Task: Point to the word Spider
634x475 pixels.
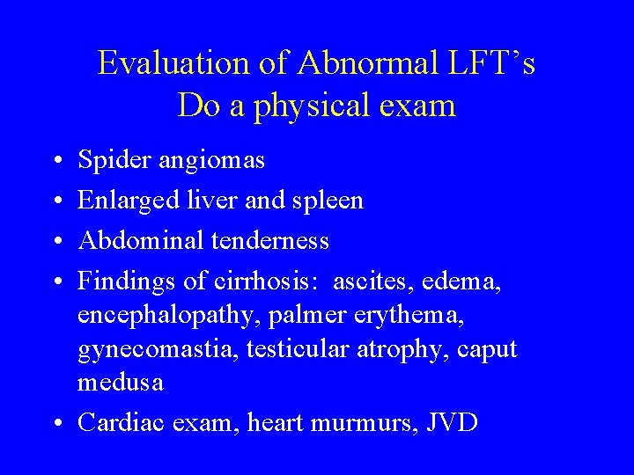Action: [x=108, y=161]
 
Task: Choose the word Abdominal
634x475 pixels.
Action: [x=136, y=240]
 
